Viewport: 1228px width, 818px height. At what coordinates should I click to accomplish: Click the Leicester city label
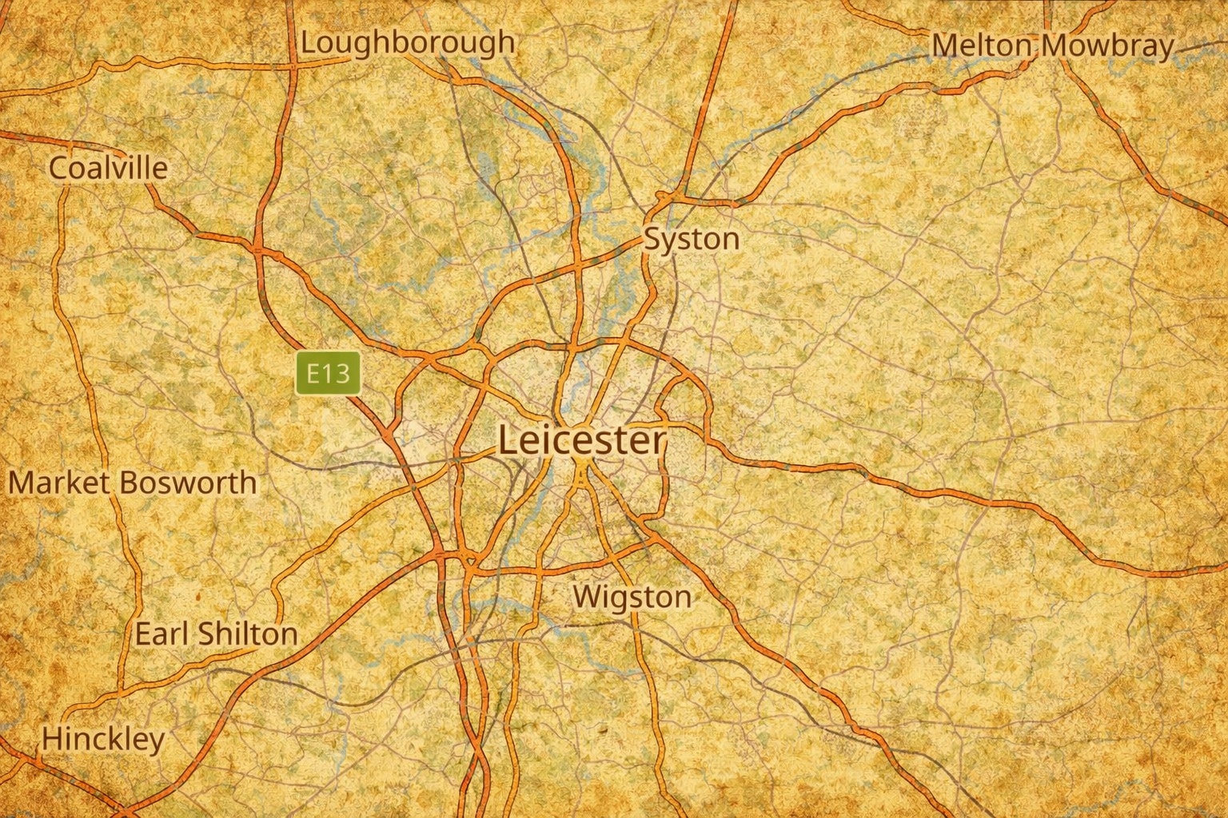(x=581, y=440)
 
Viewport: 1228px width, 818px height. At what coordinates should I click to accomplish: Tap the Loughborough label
(x=407, y=42)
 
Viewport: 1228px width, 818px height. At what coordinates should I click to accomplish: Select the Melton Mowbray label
(x=1053, y=46)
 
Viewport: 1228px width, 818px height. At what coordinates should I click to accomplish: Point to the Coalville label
(x=109, y=168)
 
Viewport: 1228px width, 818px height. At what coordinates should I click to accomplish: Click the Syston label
(x=692, y=239)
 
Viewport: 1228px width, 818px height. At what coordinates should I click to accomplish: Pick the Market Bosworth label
(x=133, y=482)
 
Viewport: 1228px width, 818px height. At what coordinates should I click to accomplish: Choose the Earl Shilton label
(x=216, y=633)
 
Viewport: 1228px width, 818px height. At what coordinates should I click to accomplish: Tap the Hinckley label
(x=103, y=739)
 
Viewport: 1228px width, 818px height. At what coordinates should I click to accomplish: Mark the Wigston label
(x=632, y=597)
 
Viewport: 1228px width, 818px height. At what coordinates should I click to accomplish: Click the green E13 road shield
(x=329, y=373)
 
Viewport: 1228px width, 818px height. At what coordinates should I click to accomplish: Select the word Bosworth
(x=189, y=482)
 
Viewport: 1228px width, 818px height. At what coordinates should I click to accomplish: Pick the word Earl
(x=156, y=633)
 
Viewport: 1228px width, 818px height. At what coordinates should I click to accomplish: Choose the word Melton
(x=982, y=46)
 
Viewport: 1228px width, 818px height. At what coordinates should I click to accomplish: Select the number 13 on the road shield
(x=337, y=373)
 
